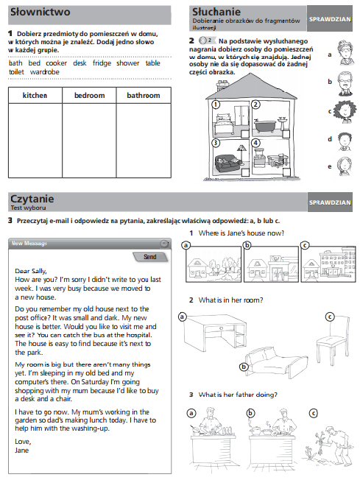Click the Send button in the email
150,257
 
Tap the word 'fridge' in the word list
102,63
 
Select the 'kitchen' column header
35,96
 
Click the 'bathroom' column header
144,96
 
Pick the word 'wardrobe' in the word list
45,72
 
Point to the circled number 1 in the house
216,105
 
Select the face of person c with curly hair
345,111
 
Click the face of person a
346,53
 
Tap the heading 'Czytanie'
32,199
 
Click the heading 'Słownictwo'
40,12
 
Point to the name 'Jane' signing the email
22,451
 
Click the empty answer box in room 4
286,172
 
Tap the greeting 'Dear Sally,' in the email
31,271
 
